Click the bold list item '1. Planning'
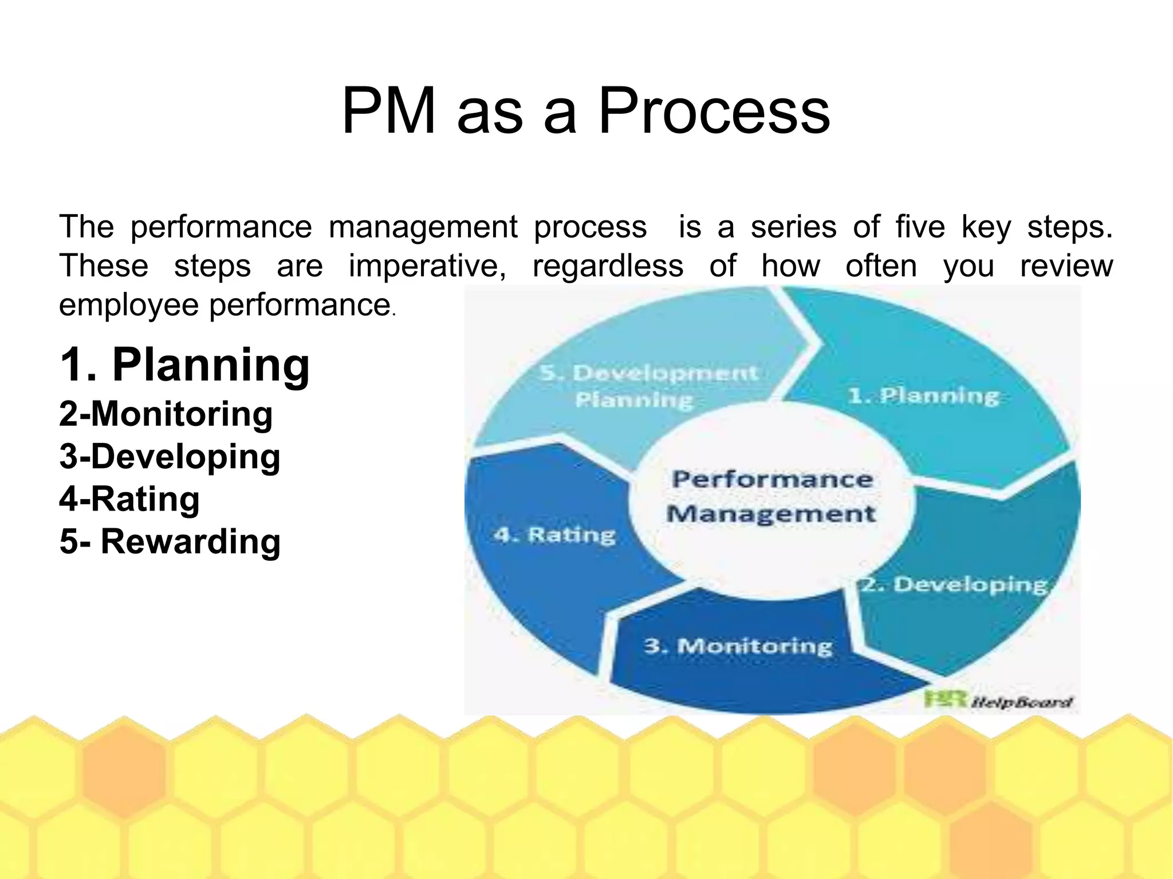click(x=184, y=365)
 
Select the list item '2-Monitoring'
click(x=166, y=414)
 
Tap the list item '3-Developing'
click(x=170, y=456)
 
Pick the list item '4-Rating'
click(x=129, y=498)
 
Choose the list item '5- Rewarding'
click(x=170, y=541)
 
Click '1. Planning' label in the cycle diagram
click(x=923, y=396)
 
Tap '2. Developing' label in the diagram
click(x=955, y=585)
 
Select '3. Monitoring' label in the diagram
click(x=738, y=646)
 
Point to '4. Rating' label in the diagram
click(x=554, y=535)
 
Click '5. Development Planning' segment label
click(x=648, y=386)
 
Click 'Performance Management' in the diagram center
click(x=771, y=496)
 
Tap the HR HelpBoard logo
click(x=997, y=701)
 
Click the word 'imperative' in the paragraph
click(x=427, y=266)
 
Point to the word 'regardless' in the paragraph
click(x=608, y=266)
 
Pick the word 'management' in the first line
click(x=423, y=227)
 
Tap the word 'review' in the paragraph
click(x=1066, y=266)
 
